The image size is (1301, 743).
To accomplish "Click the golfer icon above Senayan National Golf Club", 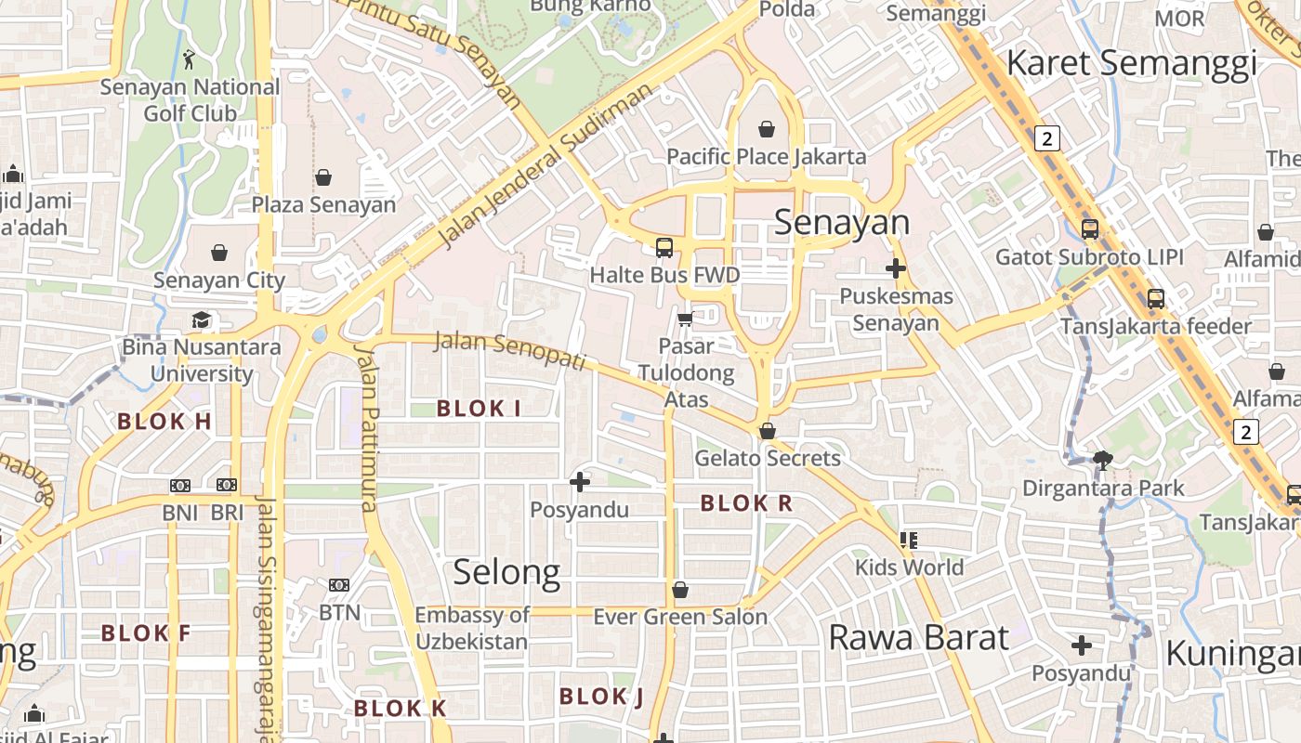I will [x=190, y=59].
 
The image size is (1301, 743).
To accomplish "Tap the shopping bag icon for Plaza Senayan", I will [x=323, y=176].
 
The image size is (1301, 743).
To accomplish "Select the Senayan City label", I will [x=219, y=280].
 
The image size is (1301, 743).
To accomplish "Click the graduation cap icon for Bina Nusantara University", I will [x=202, y=320].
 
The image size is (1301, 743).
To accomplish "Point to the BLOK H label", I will [x=164, y=422].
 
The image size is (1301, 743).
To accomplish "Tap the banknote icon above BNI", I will [x=180, y=485].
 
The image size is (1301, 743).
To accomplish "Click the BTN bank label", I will [x=339, y=613].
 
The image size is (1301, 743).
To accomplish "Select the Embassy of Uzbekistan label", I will [x=472, y=628].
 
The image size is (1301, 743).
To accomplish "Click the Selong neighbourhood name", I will [x=506, y=573].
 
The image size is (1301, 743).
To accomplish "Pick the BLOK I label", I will [x=479, y=408].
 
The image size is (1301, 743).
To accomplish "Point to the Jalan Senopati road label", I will [x=510, y=350].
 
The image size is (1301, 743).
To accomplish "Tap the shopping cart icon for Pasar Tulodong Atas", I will [x=685, y=319].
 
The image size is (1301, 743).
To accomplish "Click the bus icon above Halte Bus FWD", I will [x=664, y=247].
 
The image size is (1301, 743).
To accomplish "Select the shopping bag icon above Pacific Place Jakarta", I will [x=767, y=128].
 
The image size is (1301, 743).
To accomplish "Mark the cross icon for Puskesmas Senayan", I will [x=896, y=268].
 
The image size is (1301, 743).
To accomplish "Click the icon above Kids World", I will [x=909, y=540].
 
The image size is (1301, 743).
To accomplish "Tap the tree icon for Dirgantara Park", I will [x=1103, y=459].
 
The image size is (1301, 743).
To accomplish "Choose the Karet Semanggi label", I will [x=1131, y=63].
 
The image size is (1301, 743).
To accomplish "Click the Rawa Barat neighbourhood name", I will [x=918, y=638].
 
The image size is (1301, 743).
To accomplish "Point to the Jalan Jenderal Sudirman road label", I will [x=545, y=167].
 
